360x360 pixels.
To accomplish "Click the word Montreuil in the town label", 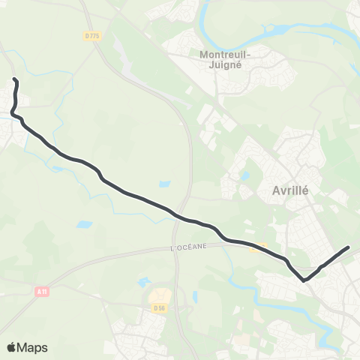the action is (226, 54).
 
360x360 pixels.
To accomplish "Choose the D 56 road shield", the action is (158, 307).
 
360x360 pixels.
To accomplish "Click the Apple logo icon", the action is (12, 347).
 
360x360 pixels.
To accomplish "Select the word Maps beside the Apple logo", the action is (33, 347).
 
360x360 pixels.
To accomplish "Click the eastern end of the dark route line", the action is (348, 247).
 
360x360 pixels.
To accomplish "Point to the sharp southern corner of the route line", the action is (304, 280).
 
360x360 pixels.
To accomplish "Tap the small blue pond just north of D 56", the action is (143, 283).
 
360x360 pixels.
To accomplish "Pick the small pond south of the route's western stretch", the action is (84, 224).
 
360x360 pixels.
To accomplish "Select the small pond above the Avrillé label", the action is (245, 176).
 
